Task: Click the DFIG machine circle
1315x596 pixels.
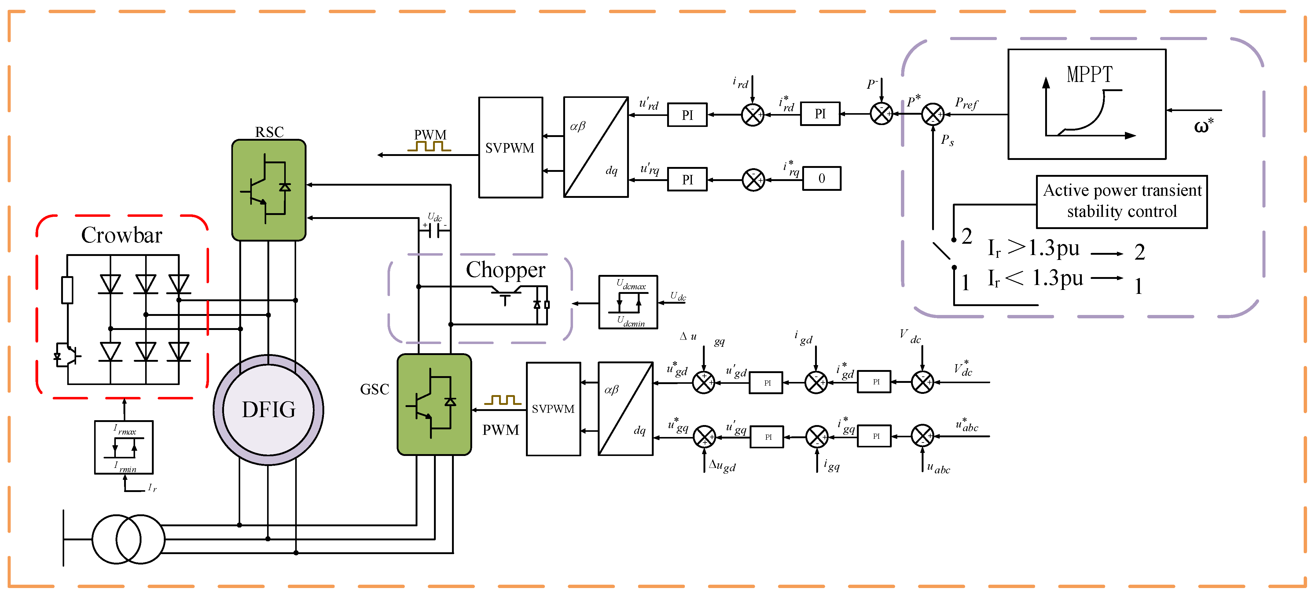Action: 269,409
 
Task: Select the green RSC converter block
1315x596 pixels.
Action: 269,190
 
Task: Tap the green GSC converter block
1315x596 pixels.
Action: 434,405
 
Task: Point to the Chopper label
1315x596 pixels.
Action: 505,270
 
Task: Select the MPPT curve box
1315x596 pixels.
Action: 1086,104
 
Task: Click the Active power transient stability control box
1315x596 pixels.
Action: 1122,201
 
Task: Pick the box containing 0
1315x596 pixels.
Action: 821,178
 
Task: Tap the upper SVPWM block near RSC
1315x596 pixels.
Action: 510,148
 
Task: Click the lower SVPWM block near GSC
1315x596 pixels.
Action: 553,409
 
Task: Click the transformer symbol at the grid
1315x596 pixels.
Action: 128,539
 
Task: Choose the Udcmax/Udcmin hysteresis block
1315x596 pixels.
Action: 628,302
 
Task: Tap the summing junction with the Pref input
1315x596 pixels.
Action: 933,114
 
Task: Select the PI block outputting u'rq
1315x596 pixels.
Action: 687,179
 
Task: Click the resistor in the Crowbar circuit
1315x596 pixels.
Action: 67,290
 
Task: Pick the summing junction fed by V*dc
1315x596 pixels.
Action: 922,382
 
